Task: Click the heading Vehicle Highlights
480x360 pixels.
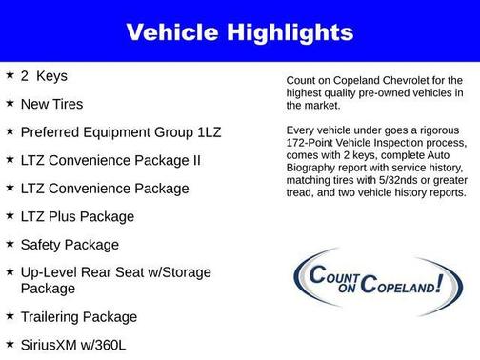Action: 240,32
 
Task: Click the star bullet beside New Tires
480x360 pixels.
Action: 10,102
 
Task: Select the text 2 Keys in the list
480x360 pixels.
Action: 44,74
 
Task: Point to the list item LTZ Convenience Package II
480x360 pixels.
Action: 110,160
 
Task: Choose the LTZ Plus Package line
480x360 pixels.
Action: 77,216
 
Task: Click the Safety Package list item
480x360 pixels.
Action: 70,245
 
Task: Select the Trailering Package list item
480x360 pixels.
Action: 79,316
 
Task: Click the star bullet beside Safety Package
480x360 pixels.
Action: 10,244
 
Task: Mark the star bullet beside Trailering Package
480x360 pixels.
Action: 10,315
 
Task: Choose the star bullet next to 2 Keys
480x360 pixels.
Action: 10,73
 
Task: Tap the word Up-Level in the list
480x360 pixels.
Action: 49,272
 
